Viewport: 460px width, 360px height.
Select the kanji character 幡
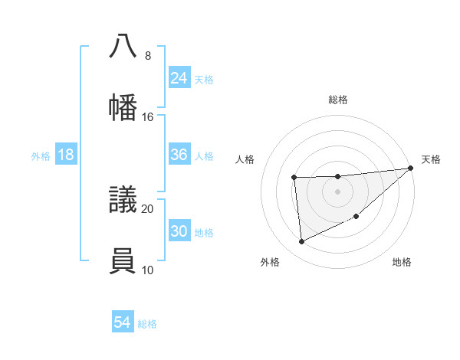(x=123, y=107)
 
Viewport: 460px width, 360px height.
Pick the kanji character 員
(x=123, y=260)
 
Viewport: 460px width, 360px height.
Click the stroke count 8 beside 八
(x=147, y=56)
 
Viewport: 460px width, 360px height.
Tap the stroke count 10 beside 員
(x=147, y=270)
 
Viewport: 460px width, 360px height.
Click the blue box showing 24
(x=179, y=78)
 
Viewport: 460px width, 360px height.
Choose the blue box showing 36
(x=179, y=155)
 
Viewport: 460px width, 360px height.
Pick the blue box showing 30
(x=179, y=231)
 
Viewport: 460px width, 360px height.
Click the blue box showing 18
(x=66, y=155)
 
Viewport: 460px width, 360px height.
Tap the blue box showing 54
(x=123, y=323)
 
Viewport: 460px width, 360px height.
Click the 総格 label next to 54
(x=147, y=324)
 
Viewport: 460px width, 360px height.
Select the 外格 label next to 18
(x=41, y=155)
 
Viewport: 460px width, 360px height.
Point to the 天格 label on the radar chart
(x=431, y=159)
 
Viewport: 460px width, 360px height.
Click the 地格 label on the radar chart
(x=402, y=262)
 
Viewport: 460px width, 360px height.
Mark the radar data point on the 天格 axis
(x=410, y=169)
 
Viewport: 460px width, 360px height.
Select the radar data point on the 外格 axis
(x=302, y=242)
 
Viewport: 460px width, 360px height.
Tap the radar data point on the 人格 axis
(x=294, y=178)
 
